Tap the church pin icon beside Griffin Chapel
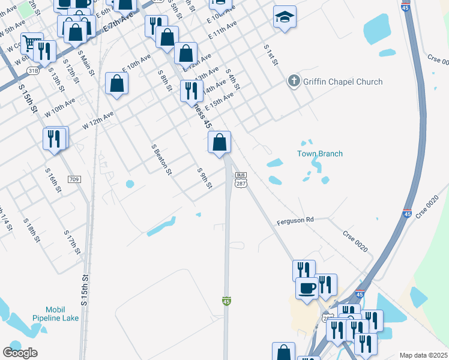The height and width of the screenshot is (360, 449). pyautogui.click(x=294, y=80)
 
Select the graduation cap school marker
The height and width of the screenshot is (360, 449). pyautogui.click(x=285, y=17)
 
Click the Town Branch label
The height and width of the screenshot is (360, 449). pyautogui.click(x=320, y=154)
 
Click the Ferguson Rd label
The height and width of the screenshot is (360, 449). pyautogui.click(x=295, y=220)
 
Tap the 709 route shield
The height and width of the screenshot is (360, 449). pyautogui.click(x=74, y=179)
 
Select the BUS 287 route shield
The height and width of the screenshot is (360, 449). pyautogui.click(x=241, y=181)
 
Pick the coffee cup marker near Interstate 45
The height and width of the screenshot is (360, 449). pyautogui.click(x=307, y=287)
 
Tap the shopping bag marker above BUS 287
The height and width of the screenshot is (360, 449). pyautogui.click(x=220, y=143)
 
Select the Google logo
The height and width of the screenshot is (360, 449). pyautogui.click(x=20, y=353)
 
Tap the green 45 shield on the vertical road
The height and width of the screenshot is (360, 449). pyautogui.click(x=226, y=300)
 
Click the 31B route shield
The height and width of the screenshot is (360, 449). pyautogui.click(x=33, y=70)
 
